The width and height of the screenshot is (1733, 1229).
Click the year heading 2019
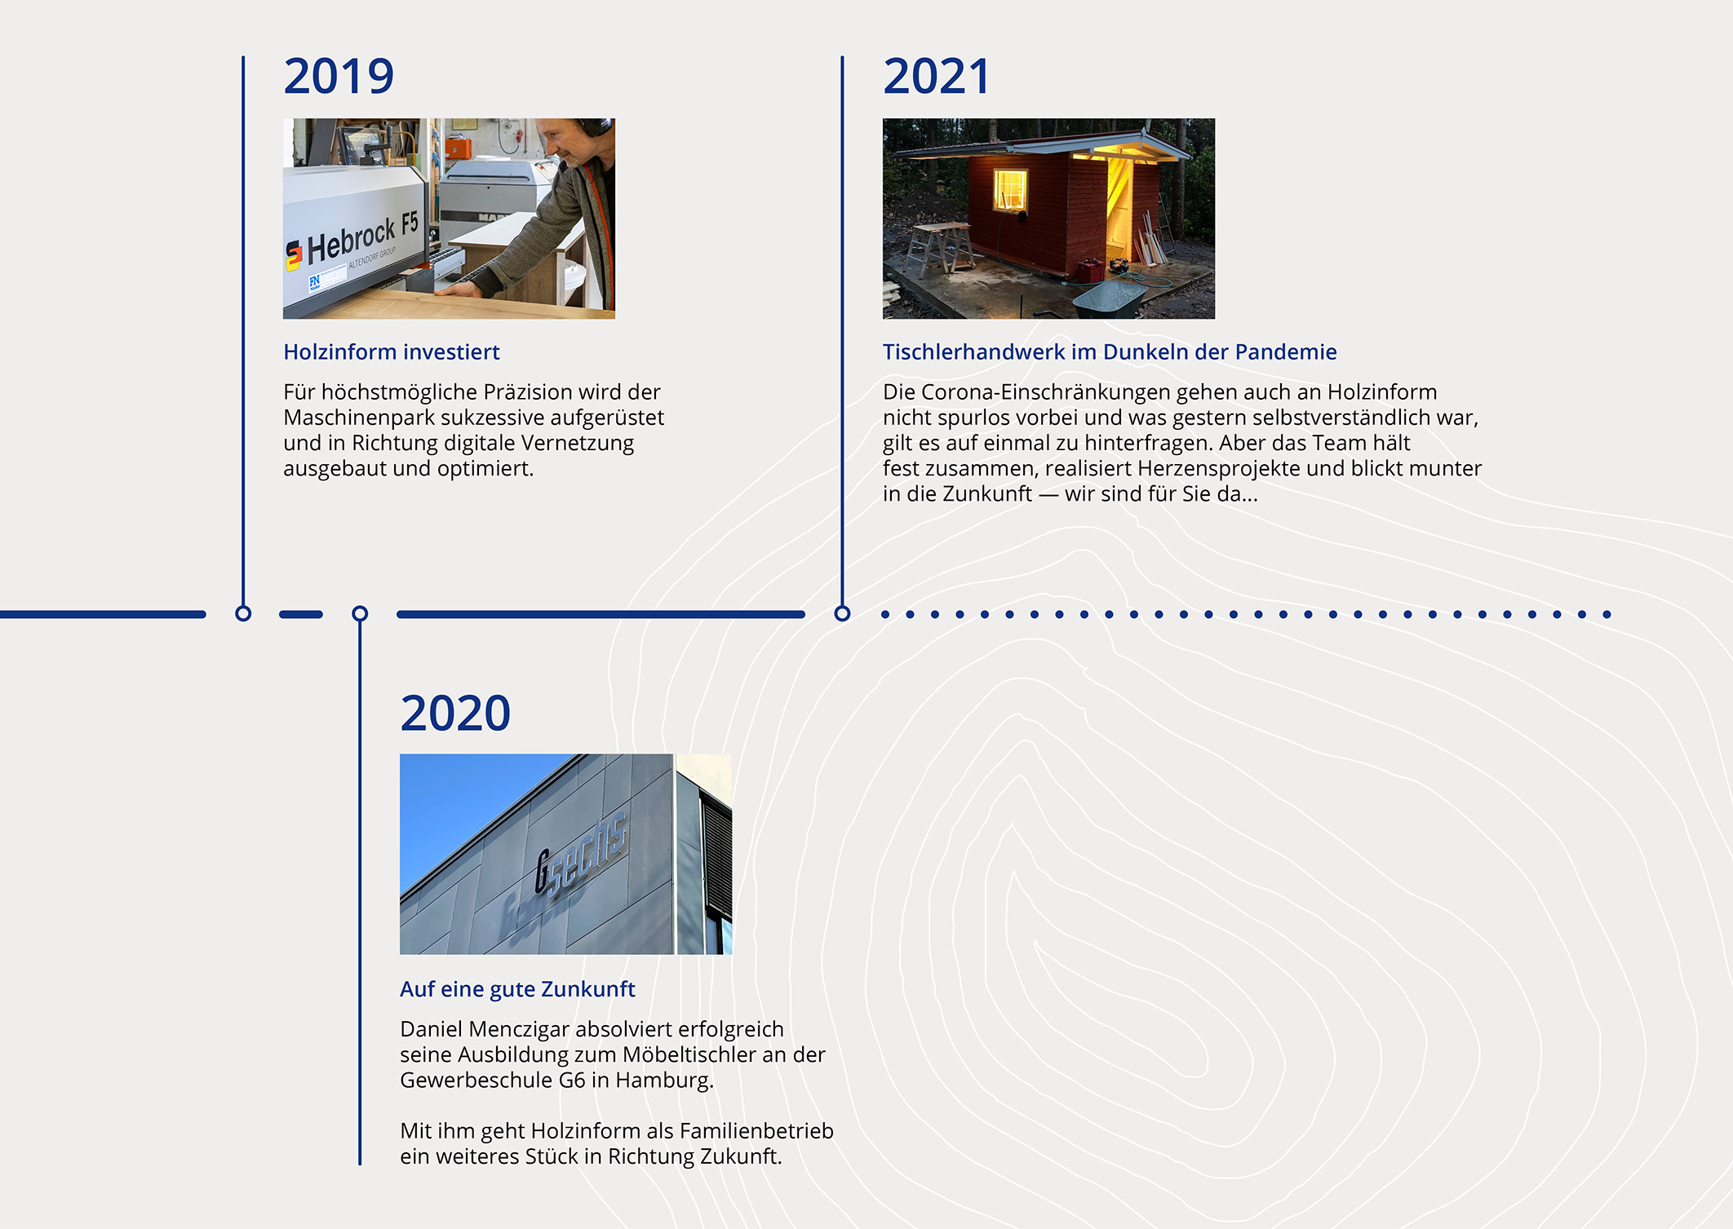pos(339,77)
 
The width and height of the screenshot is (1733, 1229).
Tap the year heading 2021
pos(937,77)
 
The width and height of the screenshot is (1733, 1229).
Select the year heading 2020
pos(455,714)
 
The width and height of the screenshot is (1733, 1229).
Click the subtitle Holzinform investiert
pos(392,351)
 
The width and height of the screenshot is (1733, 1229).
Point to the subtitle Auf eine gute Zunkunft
pos(517,989)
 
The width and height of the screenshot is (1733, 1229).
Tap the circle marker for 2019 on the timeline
pos(243,613)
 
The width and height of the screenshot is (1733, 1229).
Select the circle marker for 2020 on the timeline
pos(360,613)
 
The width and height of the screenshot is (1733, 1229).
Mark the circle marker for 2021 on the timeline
pos(842,613)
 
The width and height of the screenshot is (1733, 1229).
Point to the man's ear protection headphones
pos(595,127)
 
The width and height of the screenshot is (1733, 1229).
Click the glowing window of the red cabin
pos(1010,189)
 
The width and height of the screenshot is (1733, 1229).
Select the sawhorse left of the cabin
pos(940,245)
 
